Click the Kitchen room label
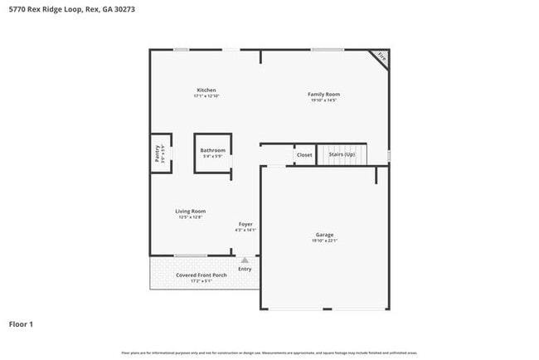tap(206, 90)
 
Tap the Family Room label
tap(325, 94)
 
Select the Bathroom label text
tap(212, 150)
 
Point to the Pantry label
tap(157, 153)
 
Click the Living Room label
tap(190, 211)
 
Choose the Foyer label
tap(245, 224)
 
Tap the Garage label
tap(324, 235)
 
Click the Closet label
tap(304, 155)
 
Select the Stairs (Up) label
tap(342, 155)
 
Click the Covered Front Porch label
tap(202, 275)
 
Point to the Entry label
tap(245, 269)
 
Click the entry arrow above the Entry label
tap(245, 260)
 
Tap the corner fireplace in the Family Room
tap(381, 57)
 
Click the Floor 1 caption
tap(22, 324)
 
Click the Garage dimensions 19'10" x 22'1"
tap(324, 241)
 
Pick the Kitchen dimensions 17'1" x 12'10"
tap(206, 96)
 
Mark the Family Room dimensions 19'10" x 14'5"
tap(325, 100)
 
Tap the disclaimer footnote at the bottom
tap(269, 353)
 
